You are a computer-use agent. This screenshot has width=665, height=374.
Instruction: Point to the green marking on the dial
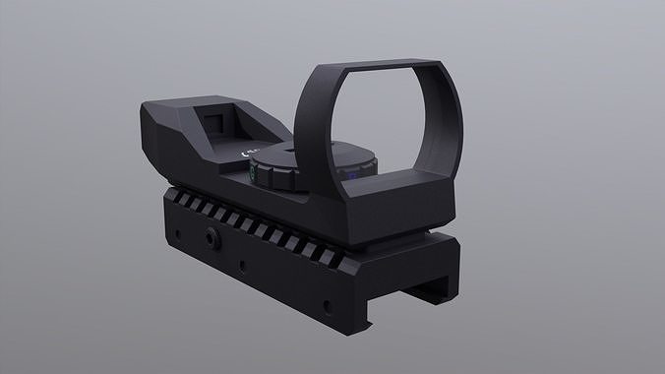(x=252, y=174)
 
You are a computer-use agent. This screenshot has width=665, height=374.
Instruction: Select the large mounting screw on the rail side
(x=212, y=238)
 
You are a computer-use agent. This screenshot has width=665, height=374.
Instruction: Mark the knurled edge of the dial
(x=295, y=177)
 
